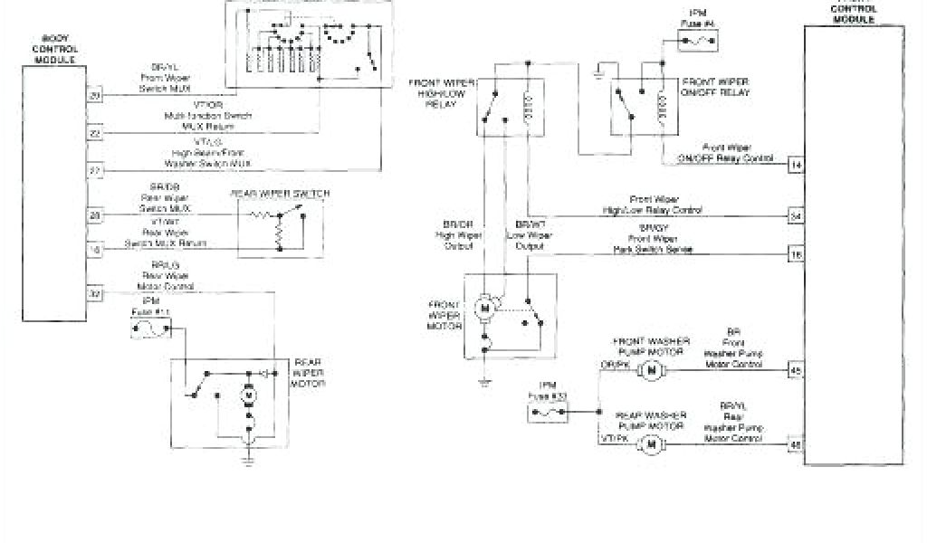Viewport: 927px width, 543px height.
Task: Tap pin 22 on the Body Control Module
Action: click(x=94, y=132)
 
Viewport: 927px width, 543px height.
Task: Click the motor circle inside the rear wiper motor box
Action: click(x=248, y=395)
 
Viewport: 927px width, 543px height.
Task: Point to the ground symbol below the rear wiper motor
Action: click(x=247, y=458)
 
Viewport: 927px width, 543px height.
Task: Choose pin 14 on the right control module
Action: click(x=795, y=165)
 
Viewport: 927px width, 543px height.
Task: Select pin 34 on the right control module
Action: click(x=795, y=216)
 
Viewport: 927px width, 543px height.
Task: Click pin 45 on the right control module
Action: click(x=795, y=369)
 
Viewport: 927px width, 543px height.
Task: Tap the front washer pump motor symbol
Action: click(x=648, y=369)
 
